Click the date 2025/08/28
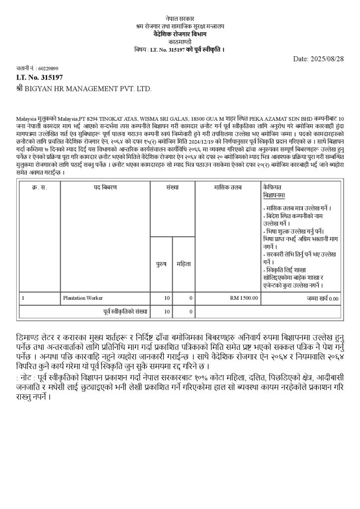pos(326,59)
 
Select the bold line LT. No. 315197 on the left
pos(40,78)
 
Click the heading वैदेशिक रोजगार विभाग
pos(180,33)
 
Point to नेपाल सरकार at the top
pos(180,18)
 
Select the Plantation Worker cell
pos(83,298)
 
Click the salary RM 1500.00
pos(244,298)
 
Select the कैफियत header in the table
pos(272,187)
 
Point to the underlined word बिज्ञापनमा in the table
pos(274,195)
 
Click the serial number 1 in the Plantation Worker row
pos(23,298)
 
